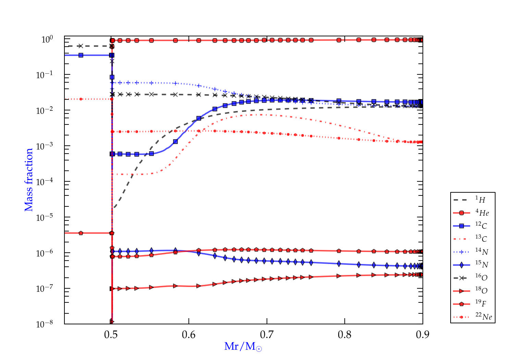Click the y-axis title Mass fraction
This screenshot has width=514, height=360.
tap(29, 180)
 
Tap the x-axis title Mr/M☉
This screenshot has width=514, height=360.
tap(243, 347)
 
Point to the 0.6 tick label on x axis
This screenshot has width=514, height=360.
tap(189, 334)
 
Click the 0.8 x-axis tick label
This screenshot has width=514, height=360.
tap(345, 334)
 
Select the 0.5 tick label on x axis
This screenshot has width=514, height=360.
tap(111, 334)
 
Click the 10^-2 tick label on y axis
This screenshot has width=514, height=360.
tap(45, 110)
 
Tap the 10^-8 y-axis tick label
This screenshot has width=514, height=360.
tap(45, 324)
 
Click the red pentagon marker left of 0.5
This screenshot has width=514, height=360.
tap(81, 233)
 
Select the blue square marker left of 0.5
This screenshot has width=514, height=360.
tap(81, 55)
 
